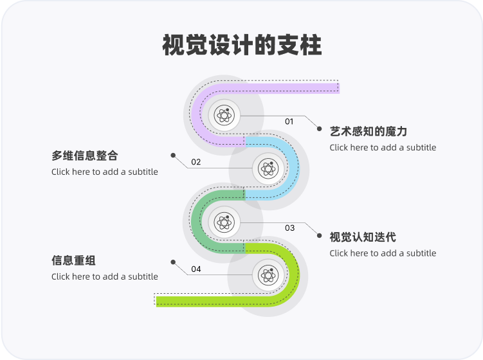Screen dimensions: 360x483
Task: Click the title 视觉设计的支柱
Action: [241, 46]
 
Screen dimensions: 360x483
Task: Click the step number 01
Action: [289, 122]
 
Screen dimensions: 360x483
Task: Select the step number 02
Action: [196, 162]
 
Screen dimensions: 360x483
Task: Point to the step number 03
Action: [289, 228]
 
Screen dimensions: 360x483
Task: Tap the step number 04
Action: [196, 269]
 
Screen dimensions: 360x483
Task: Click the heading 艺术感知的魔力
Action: [369, 132]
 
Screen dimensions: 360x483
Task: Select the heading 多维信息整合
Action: [85, 156]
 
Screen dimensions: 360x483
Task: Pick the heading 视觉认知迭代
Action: [363, 237]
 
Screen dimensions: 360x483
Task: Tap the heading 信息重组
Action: [73, 261]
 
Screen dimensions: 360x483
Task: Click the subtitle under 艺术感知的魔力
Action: [383, 147]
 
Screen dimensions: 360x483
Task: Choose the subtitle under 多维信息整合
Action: [104, 172]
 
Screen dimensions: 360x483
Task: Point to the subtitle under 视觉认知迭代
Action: [383, 253]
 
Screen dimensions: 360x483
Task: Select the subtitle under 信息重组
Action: [104, 276]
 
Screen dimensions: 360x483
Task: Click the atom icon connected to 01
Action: [224, 116]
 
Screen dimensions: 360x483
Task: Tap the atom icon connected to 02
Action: [268, 168]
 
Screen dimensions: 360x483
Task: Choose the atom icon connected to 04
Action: [268, 275]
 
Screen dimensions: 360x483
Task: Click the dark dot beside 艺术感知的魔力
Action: [319, 129]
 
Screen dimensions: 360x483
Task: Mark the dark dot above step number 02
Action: [173, 155]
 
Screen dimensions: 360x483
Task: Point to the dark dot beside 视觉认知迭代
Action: [319, 235]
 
